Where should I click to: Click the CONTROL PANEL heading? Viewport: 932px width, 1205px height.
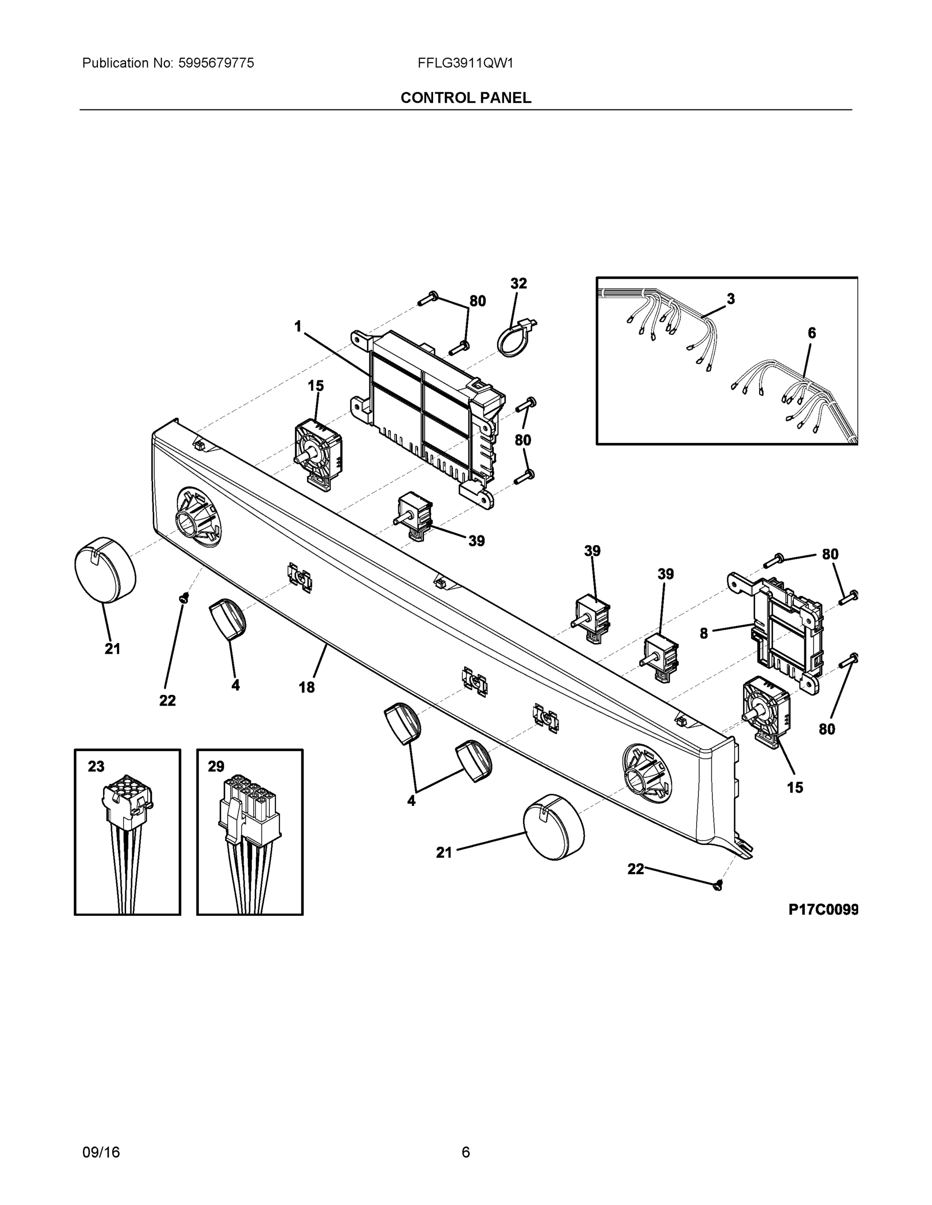click(x=465, y=98)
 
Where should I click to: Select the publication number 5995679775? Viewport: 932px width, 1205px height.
click(x=216, y=63)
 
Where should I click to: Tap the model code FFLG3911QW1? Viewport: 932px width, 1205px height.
click(x=465, y=63)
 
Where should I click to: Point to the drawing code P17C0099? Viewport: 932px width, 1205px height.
click(x=822, y=909)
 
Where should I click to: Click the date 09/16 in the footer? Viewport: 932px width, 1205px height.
click(x=101, y=1152)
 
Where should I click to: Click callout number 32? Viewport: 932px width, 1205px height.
click(x=519, y=284)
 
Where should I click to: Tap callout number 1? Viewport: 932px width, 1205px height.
click(x=298, y=327)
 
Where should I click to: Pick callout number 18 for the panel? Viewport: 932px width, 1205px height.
click(x=306, y=687)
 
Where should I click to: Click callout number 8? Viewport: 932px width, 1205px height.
click(x=703, y=634)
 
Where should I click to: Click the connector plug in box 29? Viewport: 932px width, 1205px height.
click(x=250, y=811)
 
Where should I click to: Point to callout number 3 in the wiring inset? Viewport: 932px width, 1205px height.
click(x=731, y=299)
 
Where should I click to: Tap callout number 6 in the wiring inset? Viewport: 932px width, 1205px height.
click(x=811, y=333)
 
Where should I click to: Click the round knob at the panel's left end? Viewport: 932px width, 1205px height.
click(x=105, y=569)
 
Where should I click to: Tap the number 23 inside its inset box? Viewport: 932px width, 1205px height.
click(x=96, y=766)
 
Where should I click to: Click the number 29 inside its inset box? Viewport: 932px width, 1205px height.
click(x=216, y=766)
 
